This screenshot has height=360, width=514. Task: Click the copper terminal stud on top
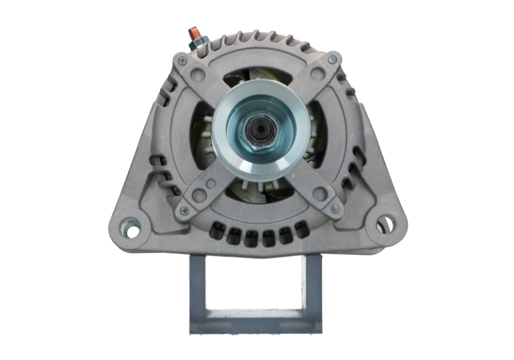coord(194,31)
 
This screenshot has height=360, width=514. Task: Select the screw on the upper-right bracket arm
coord(333,60)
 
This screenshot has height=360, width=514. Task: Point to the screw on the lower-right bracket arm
coord(335,209)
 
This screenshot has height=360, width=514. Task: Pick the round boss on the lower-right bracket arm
coord(319,194)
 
